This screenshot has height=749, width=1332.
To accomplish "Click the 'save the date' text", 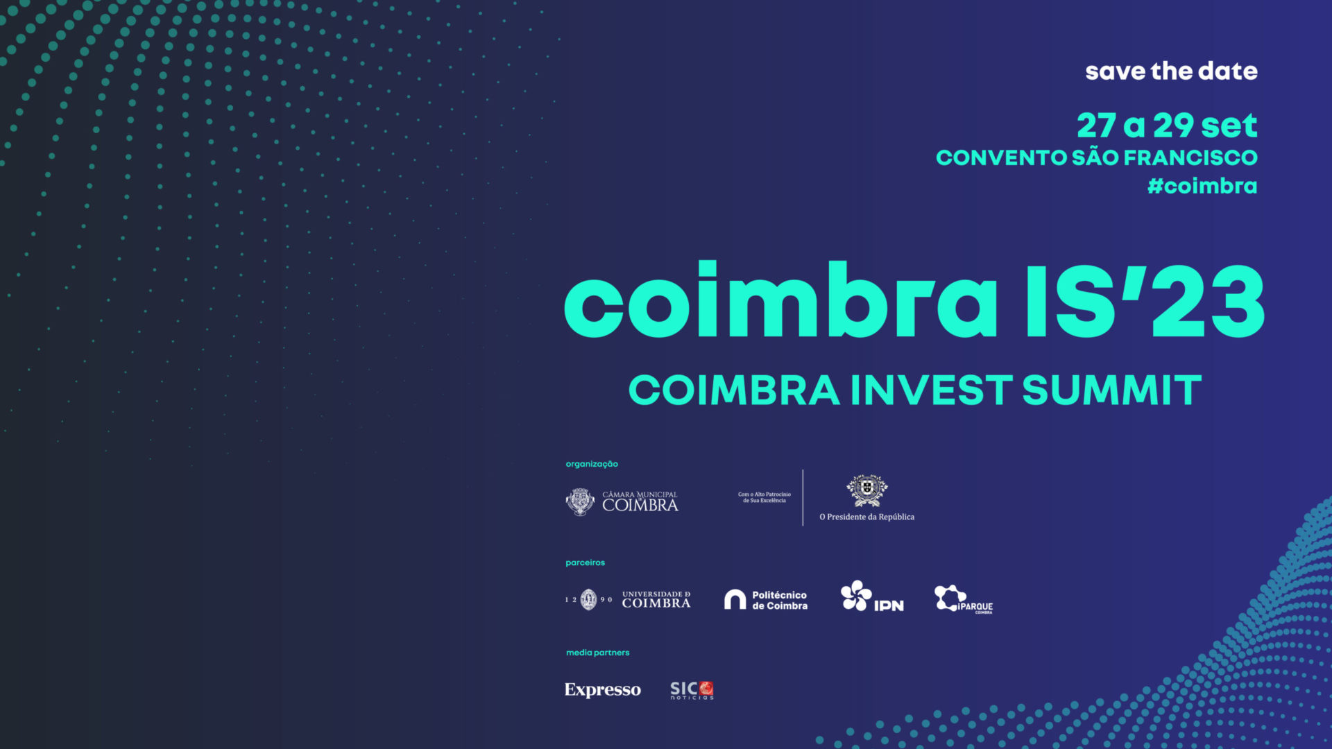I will point(1171,71).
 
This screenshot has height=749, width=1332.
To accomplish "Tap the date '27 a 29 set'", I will point(1167,126).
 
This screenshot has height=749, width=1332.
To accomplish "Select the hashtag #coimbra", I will point(1202,186).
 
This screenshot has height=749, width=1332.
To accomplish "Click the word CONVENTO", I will point(1001,158).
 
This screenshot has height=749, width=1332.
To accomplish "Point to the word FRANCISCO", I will point(1190,158).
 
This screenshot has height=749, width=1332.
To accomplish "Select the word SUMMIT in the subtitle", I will point(1111,390).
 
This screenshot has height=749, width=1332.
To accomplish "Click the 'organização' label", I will point(592,464).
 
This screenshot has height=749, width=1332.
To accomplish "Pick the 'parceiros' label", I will point(585,562).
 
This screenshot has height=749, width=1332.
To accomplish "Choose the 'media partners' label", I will point(597,653).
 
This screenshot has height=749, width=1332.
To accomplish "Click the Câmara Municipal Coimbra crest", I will point(580,501).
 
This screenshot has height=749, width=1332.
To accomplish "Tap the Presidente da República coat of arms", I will point(866,490).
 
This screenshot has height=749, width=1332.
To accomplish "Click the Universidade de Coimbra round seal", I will point(588,599).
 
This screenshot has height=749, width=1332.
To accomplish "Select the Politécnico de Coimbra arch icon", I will point(735,599).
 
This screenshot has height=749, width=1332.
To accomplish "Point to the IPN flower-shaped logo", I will point(856,595).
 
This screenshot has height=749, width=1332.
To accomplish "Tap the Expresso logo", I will point(602,689).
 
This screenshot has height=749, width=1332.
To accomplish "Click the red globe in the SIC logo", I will point(706,688).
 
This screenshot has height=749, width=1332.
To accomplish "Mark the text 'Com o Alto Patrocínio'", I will point(764,494).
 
